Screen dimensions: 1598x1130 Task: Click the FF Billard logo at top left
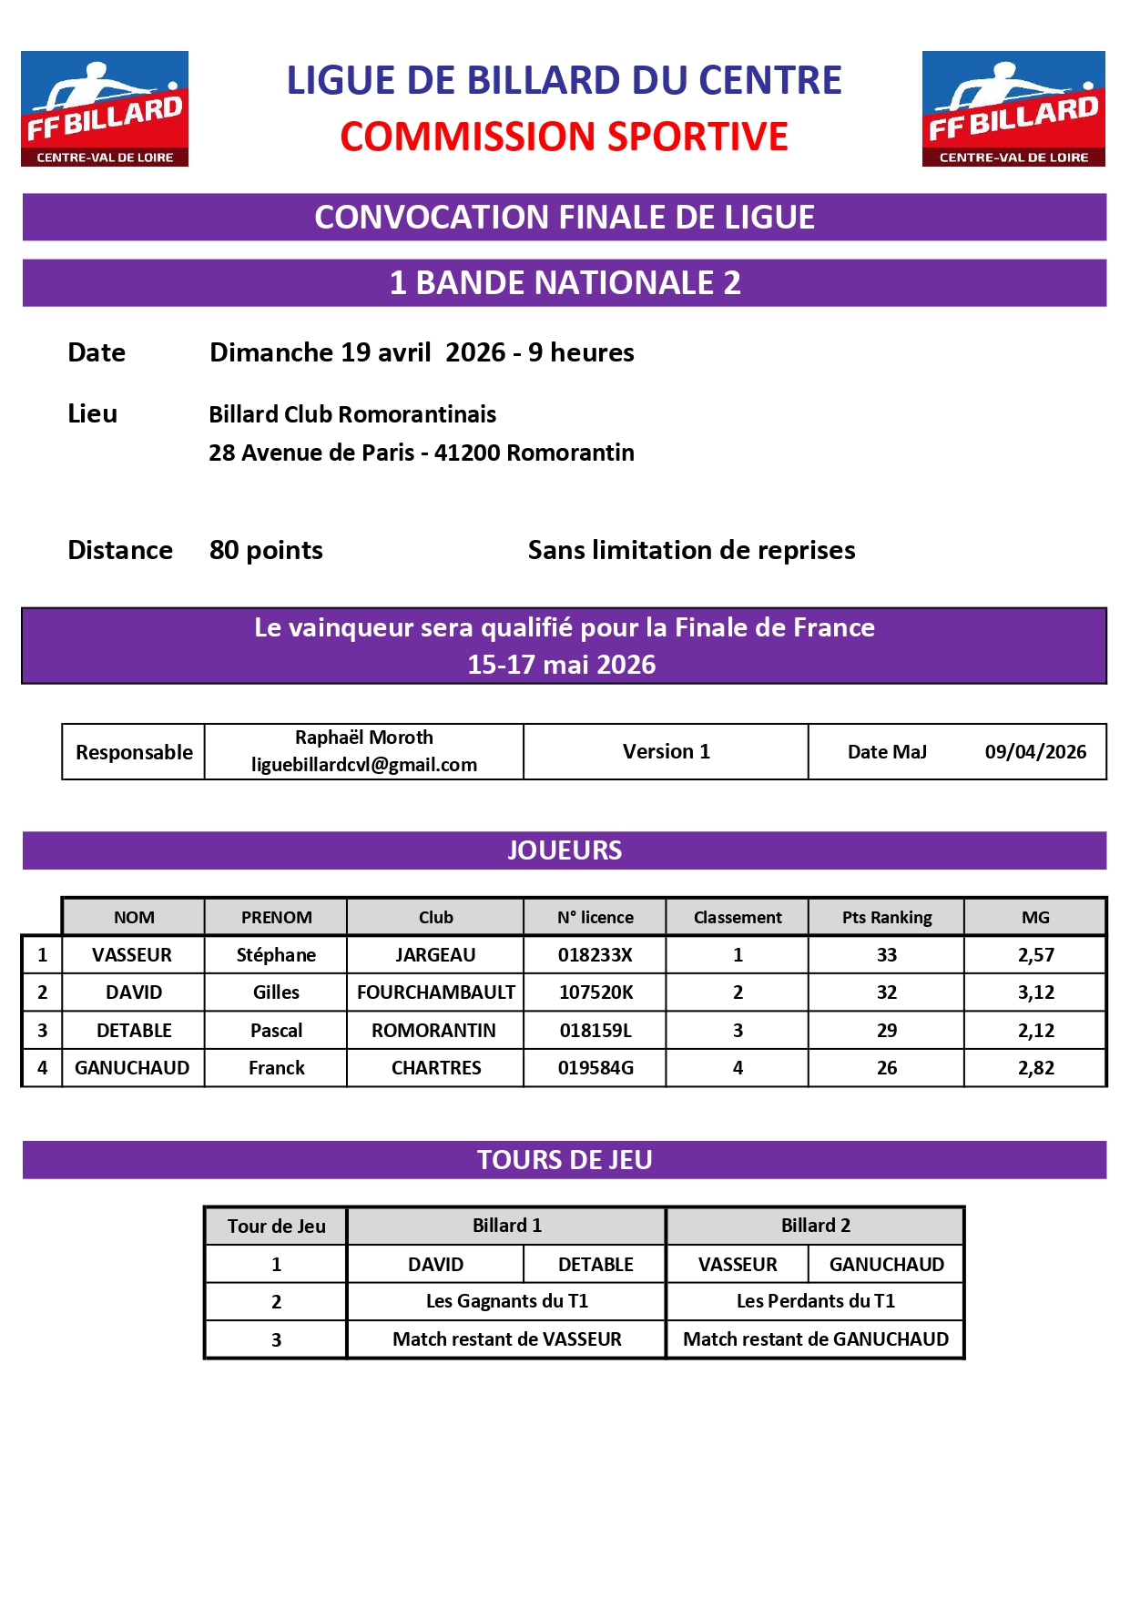105,108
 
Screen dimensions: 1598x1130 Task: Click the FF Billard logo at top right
1013,108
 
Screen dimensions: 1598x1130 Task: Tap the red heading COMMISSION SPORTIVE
564,137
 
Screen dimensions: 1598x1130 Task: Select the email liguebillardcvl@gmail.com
364,765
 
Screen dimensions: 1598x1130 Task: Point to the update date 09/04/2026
1035,752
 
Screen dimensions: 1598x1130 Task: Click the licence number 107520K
596,992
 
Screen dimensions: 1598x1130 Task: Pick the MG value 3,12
1035,992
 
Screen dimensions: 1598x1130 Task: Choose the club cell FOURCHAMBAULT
435,992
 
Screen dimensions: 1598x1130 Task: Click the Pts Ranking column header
886,918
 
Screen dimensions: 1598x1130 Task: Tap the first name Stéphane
276,955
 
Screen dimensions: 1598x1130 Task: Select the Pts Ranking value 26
886,1068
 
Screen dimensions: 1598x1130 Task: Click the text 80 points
266,550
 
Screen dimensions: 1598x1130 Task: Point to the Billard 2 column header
815,1226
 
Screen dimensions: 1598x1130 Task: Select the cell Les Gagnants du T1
506,1301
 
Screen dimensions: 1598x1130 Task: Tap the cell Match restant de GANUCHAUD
815,1339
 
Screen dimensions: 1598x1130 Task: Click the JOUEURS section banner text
564,850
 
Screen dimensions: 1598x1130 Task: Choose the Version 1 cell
666,752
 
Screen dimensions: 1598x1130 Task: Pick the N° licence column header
596,918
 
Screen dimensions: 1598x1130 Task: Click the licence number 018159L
596,1031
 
